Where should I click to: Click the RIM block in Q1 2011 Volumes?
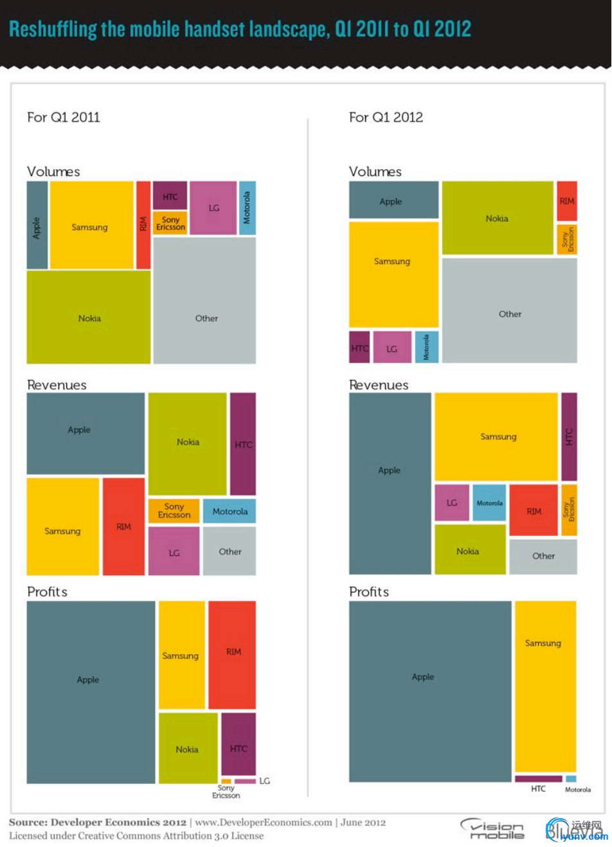143,225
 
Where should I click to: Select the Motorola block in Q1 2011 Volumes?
248,208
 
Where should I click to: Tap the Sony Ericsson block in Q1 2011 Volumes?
170,223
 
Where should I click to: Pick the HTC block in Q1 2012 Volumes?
359,347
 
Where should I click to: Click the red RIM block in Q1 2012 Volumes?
566,201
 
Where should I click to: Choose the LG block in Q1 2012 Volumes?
392,347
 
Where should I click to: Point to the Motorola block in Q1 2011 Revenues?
230,511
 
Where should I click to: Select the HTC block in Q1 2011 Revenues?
243,443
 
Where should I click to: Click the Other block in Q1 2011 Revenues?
230,551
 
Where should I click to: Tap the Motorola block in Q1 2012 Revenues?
489,503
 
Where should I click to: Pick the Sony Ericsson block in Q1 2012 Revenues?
569,510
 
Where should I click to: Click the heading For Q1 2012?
386,117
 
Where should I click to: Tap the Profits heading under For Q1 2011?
47,591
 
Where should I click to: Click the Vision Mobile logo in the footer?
493,829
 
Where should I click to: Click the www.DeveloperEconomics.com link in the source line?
263,823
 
